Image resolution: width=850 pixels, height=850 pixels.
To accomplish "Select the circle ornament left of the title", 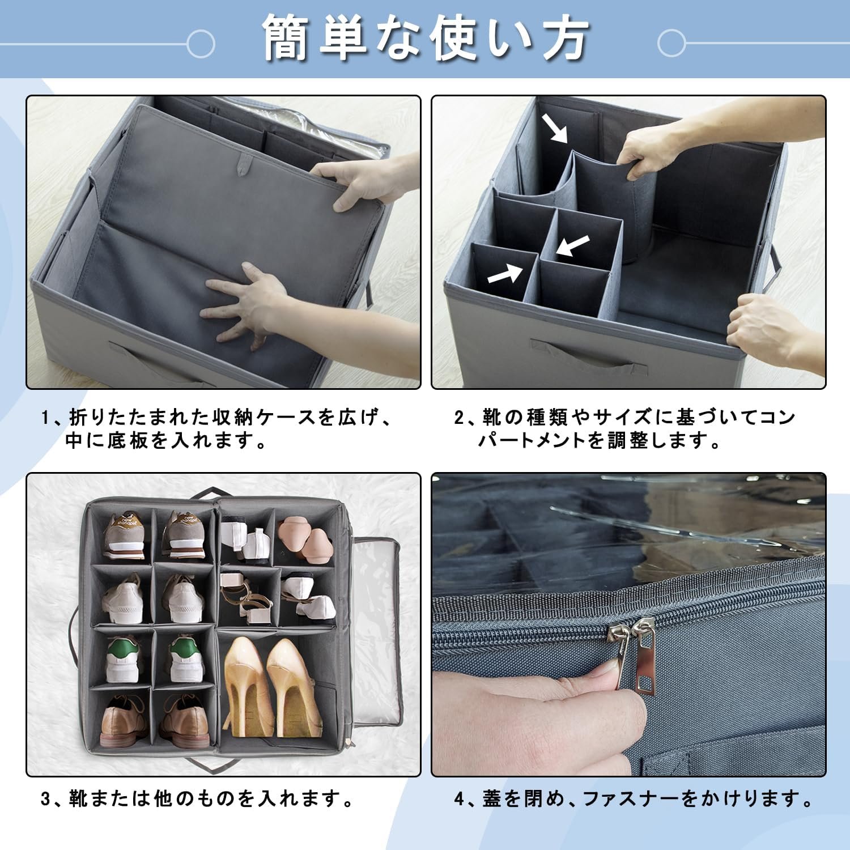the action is tap(201, 43).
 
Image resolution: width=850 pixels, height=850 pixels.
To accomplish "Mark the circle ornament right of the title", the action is tap(672, 43).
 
